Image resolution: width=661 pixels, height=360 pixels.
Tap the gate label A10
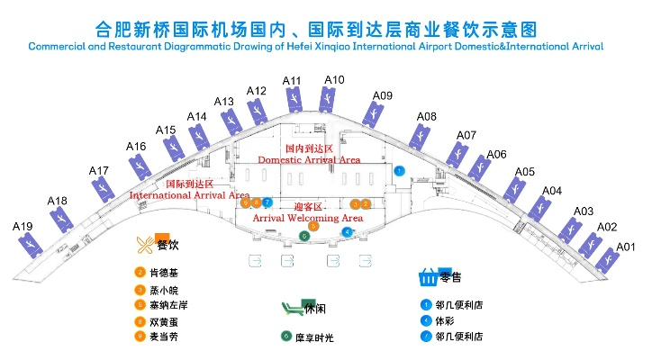333,80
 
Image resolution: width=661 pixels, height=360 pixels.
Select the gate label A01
626,247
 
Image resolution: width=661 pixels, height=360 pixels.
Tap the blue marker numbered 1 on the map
400,170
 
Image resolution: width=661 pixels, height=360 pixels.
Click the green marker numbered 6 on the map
304,236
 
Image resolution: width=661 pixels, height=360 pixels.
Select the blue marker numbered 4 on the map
348,231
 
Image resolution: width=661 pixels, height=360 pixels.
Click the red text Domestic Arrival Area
309,159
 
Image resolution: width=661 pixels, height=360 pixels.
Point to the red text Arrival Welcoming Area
307,218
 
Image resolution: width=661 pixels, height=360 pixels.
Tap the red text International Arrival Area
189,194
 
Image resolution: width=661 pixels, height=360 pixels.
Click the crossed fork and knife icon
144,244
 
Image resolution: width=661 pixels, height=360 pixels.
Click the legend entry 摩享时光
313,337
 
